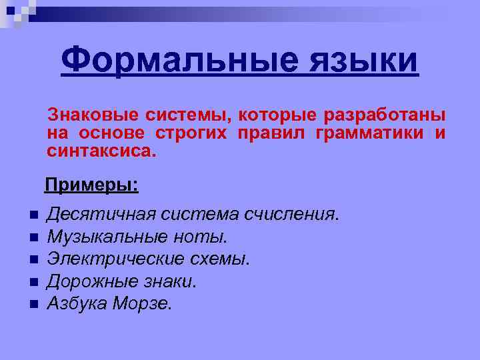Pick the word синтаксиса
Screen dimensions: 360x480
100,151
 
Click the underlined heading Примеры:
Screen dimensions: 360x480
92,184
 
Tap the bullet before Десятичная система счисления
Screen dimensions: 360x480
33,215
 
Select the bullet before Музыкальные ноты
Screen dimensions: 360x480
33,237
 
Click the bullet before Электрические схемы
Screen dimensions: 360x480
33,259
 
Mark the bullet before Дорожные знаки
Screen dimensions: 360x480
33,282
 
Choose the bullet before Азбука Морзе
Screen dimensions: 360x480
33,304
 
